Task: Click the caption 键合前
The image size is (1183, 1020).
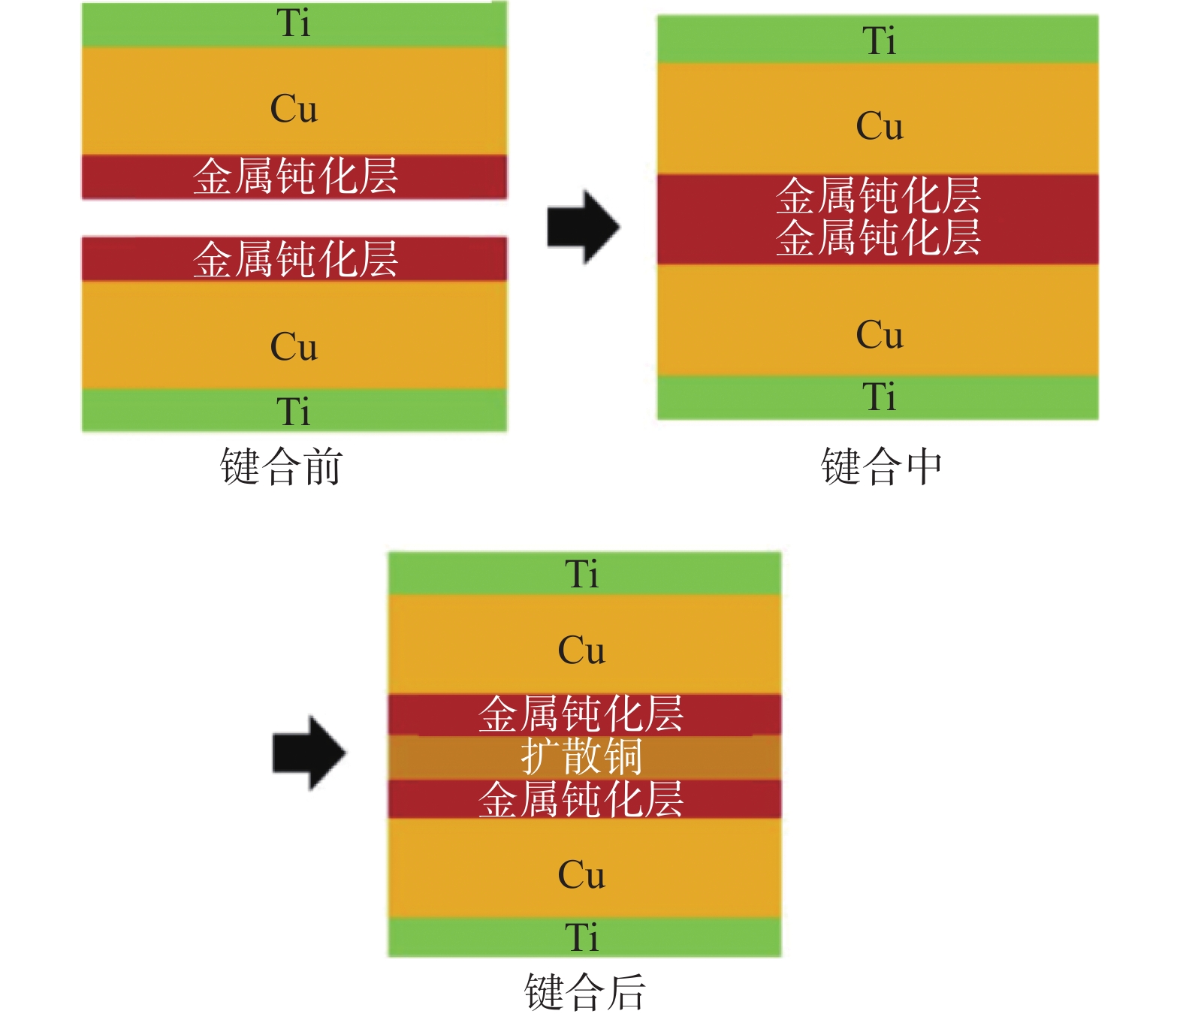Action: coord(282,466)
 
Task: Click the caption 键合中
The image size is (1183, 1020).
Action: coord(882,466)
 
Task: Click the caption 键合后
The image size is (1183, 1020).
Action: coord(584,991)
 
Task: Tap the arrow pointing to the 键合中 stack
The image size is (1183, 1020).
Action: coord(583,226)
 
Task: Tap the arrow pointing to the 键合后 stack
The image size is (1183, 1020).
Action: coord(309,752)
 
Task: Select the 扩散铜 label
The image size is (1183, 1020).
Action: coord(582,756)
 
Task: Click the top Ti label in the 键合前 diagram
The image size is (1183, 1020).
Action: coord(294,23)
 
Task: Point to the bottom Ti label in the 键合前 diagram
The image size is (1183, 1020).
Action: coord(294,412)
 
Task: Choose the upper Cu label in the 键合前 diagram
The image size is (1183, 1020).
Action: coord(294,109)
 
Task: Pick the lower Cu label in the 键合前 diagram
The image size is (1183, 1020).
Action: coord(294,347)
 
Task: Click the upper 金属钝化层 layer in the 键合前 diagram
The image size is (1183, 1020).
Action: coord(294,177)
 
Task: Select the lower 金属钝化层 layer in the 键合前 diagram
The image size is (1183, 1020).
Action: coord(294,259)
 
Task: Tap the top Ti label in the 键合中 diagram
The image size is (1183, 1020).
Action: coord(880,41)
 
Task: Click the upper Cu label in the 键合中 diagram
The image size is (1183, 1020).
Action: coord(880,126)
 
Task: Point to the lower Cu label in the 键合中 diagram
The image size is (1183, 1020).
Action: coord(880,335)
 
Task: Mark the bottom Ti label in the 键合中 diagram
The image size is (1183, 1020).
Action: coord(880,397)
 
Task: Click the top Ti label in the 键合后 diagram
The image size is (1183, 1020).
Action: coord(582,575)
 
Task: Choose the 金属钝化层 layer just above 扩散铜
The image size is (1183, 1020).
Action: coord(582,714)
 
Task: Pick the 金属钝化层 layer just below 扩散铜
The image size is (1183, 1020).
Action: coord(582,799)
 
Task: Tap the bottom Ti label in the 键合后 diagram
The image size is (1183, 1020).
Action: coord(582,937)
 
